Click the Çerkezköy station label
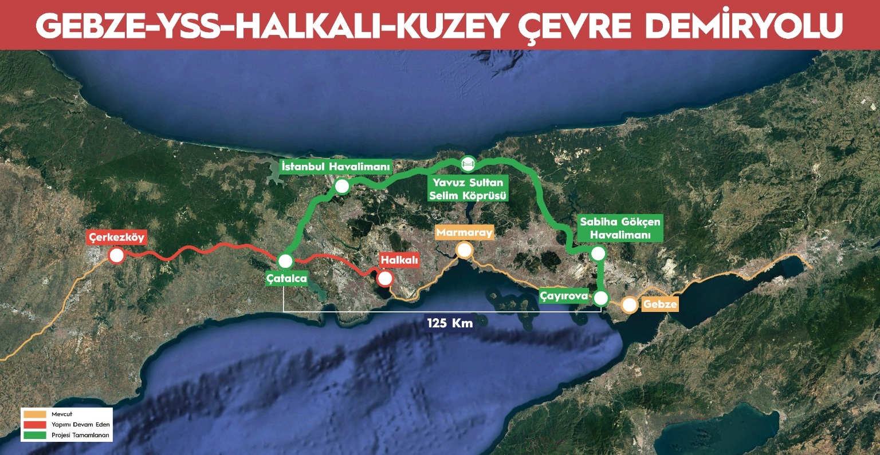117,237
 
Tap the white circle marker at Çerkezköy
117,255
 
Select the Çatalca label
286,279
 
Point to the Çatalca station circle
285,261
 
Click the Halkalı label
399,260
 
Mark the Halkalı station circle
385,279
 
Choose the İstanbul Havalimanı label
336,167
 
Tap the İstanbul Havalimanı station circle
342,186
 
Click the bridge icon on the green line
467,164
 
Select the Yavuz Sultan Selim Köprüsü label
468,189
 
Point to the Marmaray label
464,233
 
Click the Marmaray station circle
464,250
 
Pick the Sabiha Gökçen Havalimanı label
620,228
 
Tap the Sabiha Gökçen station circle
599,254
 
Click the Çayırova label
564,296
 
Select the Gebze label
660,304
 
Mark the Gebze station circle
630,305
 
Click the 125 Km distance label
450,323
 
